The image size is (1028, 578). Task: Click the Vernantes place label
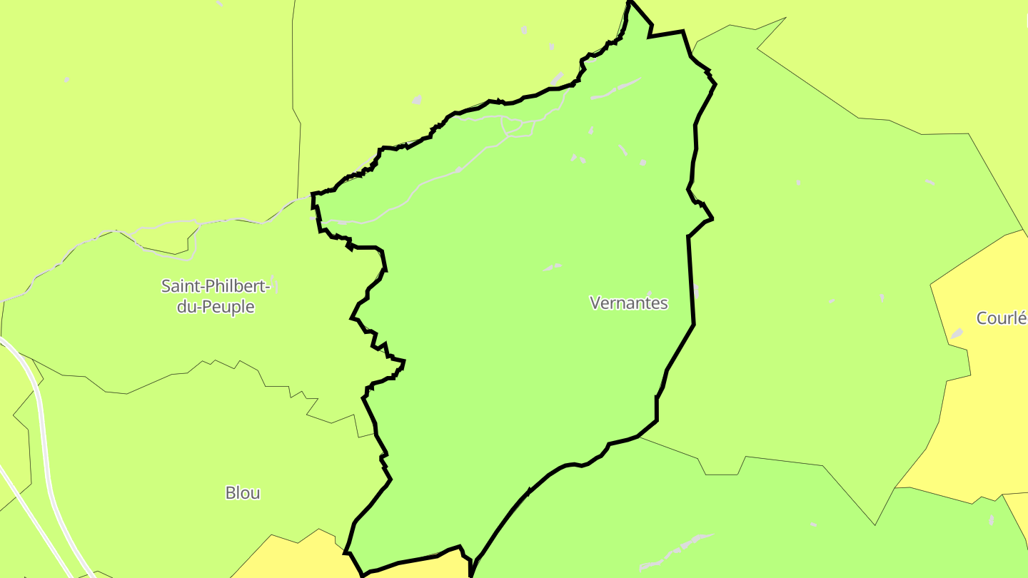click(628, 303)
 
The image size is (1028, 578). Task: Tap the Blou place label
click(243, 492)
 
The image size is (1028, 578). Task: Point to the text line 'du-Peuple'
click(216, 308)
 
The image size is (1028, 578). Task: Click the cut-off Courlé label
click(1002, 318)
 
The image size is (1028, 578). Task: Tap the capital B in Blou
click(230, 492)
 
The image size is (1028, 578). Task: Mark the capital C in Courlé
click(982, 318)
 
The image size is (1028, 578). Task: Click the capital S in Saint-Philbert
click(166, 286)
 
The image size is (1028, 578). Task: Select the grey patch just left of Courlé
click(957, 333)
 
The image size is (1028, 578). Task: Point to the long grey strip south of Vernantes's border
click(678, 551)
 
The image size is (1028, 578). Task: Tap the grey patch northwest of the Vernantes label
click(553, 268)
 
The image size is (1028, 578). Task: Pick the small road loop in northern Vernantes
click(517, 128)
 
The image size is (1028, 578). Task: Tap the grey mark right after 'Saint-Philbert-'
click(275, 285)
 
